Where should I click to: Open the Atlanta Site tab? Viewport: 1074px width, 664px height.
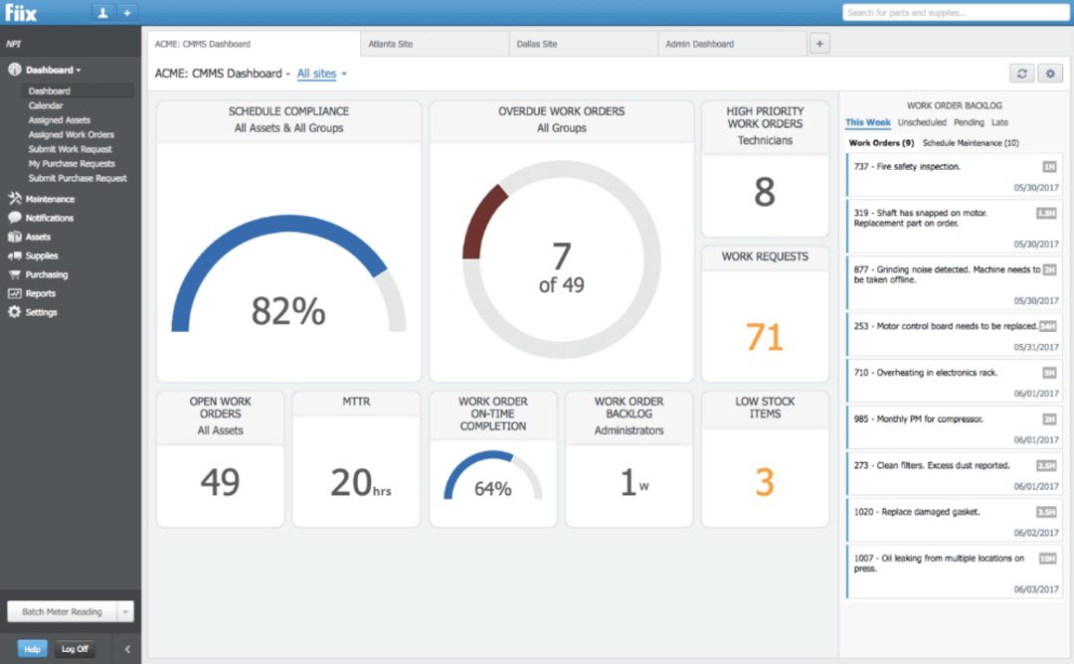pyautogui.click(x=390, y=44)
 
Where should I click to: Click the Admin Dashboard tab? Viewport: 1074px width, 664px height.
pyautogui.click(x=699, y=44)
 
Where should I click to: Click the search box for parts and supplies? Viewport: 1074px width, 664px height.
pyautogui.click(x=955, y=13)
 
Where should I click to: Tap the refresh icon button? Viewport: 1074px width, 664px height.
pyautogui.click(x=1021, y=74)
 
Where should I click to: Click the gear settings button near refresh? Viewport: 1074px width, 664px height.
pyautogui.click(x=1049, y=74)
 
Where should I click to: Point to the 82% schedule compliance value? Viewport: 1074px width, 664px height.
pyautogui.click(x=287, y=312)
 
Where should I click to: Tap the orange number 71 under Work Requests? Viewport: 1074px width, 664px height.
pyautogui.click(x=764, y=338)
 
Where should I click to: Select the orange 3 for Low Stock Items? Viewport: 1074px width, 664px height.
pyautogui.click(x=764, y=482)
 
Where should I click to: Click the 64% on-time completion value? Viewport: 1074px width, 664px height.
pyautogui.click(x=492, y=488)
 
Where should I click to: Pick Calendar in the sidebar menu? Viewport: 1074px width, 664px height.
pyautogui.click(x=46, y=105)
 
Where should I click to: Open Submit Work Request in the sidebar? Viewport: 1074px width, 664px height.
pyautogui.click(x=70, y=149)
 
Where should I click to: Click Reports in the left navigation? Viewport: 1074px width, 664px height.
pyautogui.click(x=41, y=293)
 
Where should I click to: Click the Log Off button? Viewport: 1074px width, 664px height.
pyautogui.click(x=75, y=649)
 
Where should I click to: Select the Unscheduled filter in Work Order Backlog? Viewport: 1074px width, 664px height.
pyautogui.click(x=922, y=122)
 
